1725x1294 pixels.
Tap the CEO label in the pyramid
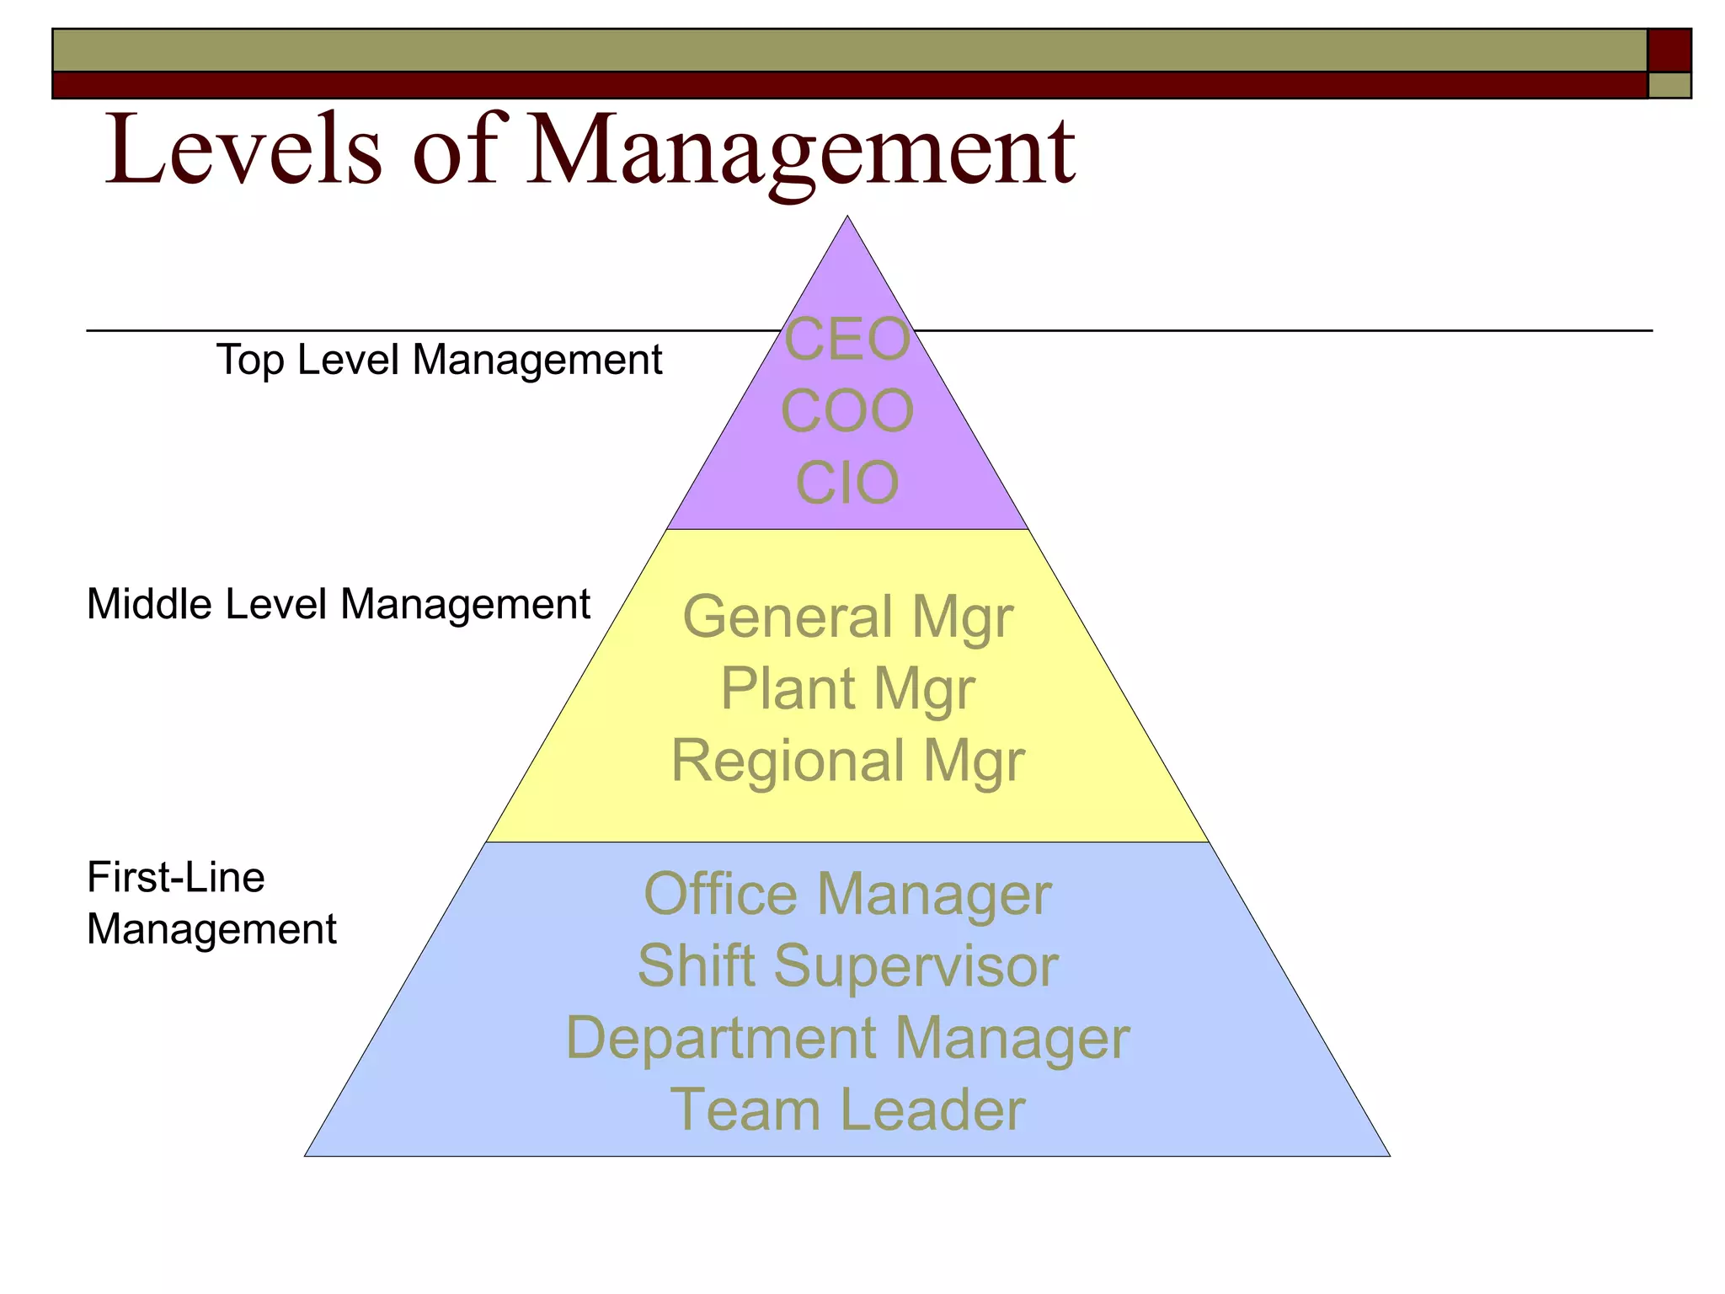coord(847,340)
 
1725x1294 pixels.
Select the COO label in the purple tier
coord(847,411)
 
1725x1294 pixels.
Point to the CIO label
coord(847,483)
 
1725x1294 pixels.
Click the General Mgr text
coord(847,618)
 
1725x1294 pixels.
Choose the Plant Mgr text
coord(847,689)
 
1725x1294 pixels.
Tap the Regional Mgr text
coord(847,761)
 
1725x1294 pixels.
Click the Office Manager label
coord(847,894)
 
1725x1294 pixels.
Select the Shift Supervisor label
coord(847,965)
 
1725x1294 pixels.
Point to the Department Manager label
coord(847,1037)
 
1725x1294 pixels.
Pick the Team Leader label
coord(847,1109)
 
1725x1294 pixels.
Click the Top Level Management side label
coord(439,360)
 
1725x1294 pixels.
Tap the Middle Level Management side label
coord(338,604)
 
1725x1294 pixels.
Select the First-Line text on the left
coord(176,877)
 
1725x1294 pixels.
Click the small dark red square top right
coord(1669,51)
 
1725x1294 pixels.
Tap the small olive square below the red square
coord(1669,85)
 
